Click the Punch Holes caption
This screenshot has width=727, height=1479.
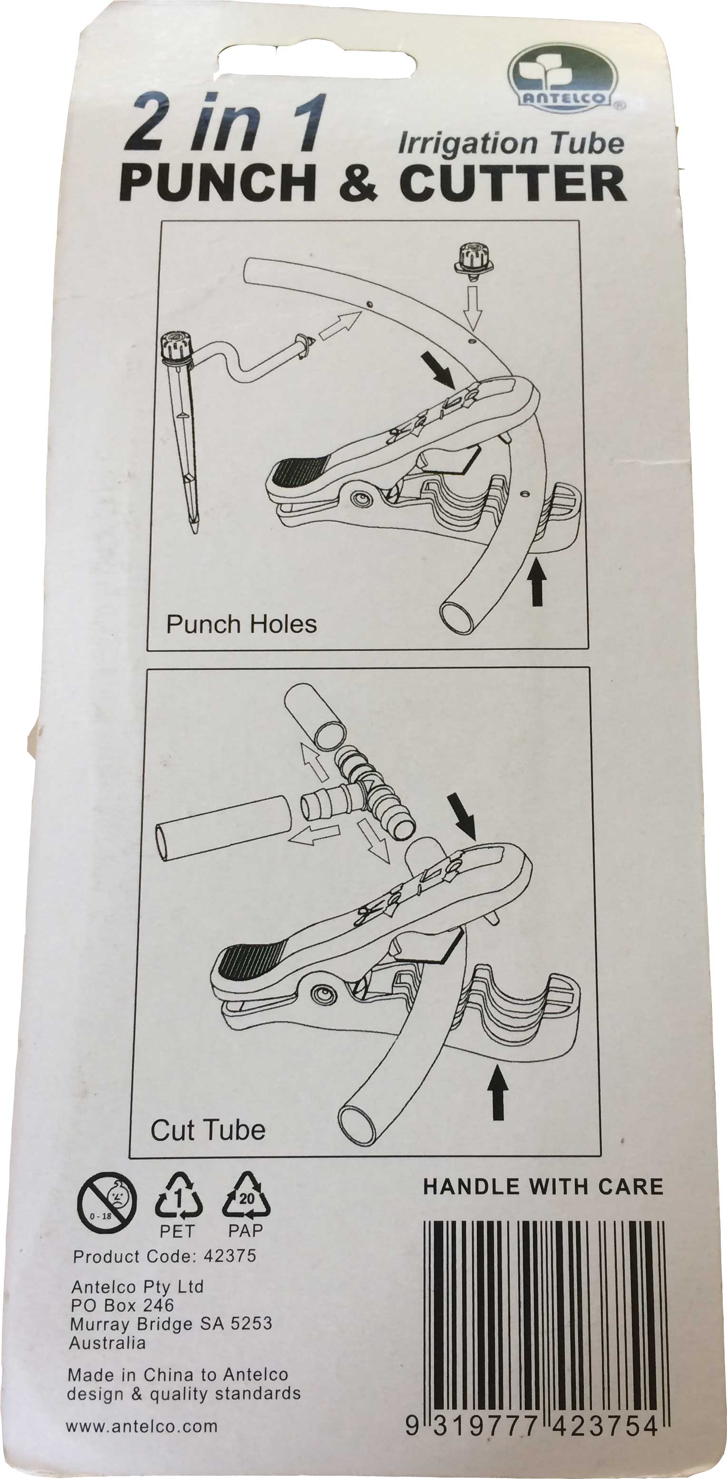(241, 624)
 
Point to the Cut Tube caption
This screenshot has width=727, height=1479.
(207, 1130)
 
